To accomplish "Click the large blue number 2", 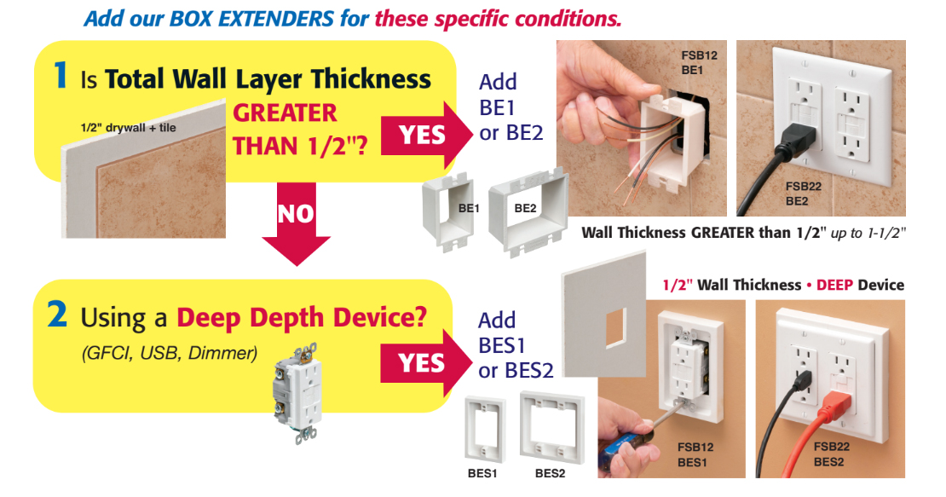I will tap(57, 315).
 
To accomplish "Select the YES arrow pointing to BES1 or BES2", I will tap(424, 363).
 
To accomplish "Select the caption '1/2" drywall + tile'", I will tap(129, 127).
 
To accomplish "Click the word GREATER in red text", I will tap(285, 113).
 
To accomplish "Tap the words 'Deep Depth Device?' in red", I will tap(302, 317).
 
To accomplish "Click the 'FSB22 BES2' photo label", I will tap(831, 454).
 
